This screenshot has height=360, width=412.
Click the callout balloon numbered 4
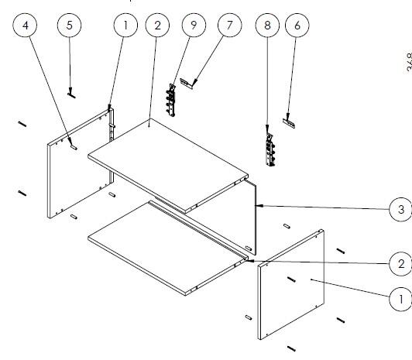26,26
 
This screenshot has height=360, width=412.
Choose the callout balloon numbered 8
268,26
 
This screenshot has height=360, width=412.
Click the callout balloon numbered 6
297,26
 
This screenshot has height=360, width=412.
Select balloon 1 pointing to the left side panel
125,26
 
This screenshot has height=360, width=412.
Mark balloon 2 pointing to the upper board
157,26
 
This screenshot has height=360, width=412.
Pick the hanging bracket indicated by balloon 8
269,149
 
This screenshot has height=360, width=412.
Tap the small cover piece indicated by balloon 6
289,121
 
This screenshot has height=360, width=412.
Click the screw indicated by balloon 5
70,94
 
